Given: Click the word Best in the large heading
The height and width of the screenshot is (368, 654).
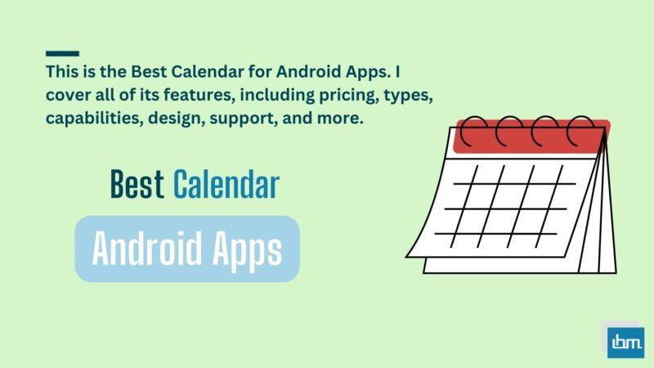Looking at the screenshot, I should [x=137, y=186].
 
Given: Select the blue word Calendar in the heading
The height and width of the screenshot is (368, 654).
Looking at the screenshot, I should [x=226, y=186].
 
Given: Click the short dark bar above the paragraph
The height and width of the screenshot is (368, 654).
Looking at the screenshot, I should [x=62, y=53].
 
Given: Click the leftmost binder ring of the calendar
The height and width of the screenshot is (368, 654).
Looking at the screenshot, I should [x=474, y=131].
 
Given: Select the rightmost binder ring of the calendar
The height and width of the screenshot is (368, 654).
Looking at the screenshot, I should [x=582, y=131].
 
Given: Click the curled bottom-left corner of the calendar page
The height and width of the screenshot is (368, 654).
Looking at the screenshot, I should [x=417, y=245].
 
